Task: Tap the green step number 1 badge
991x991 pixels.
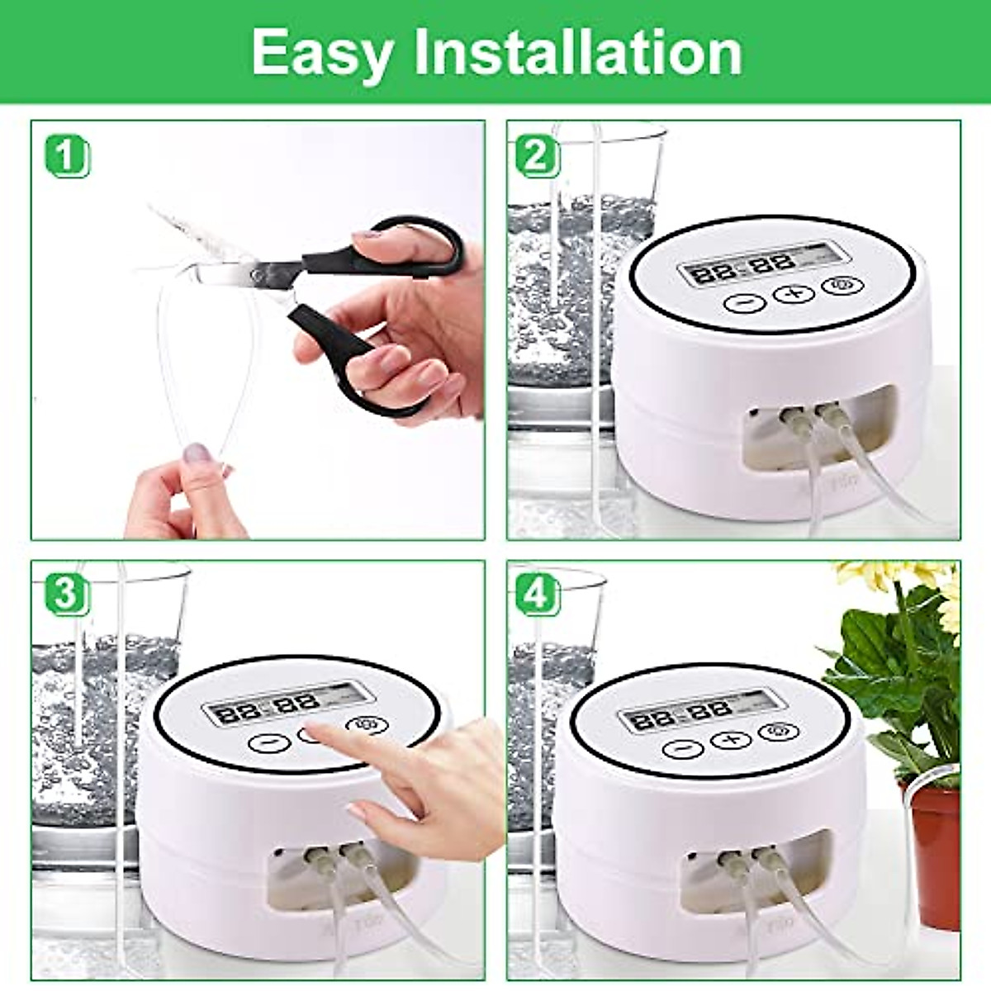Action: (65, 157)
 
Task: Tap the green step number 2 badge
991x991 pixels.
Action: (538, 155)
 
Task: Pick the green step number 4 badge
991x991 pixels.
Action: (538, 595)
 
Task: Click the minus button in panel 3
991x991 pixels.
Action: (269, 742)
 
